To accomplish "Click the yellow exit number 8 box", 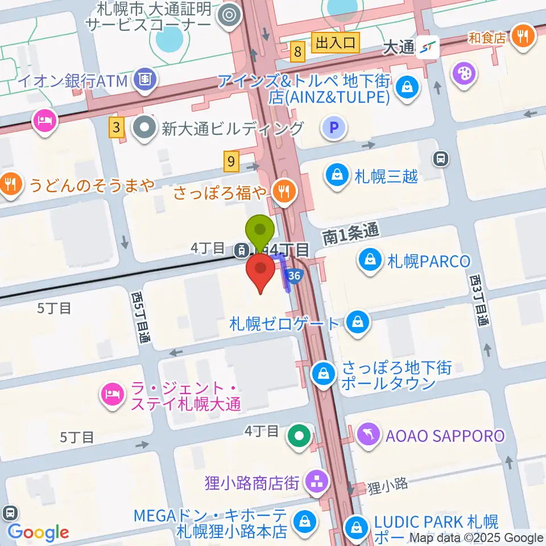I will pyautogui.click(x=297, y=53).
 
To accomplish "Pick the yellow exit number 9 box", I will pyautogui.click(x=231, y=162).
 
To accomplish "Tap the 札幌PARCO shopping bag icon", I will pyautogui.click(x=370, y=261).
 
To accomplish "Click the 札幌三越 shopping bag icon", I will pyautogui.click(x=338, y=175).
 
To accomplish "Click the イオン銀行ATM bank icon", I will pyautogui.click(x=146, y=80).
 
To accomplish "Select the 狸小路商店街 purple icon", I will pyautogui.click(x=315, y=482).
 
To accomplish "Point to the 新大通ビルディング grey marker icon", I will pyautogui.click(x=146, y=128).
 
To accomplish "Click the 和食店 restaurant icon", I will pyautogui.click(x=522, y=38).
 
